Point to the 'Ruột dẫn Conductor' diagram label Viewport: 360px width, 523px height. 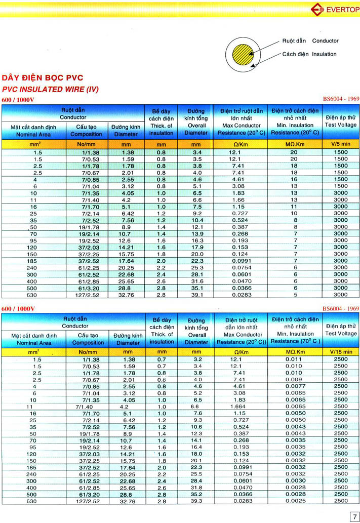tap(310, 41)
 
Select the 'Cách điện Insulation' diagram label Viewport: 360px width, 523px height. tap(309, 54)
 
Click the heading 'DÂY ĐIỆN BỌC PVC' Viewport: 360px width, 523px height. tap(43, 78)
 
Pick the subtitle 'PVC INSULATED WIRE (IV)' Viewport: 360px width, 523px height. tap(51, 89)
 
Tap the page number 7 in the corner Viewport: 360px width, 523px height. tap(353, 516)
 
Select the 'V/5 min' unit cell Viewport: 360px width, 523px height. tap(341, 144)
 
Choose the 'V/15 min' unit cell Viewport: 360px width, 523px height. tap(341, 351)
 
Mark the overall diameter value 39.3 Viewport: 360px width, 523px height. tap(196, 501)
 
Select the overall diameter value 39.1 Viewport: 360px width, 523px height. tap(196, 294)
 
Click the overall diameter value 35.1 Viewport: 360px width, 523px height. tap(196, 288)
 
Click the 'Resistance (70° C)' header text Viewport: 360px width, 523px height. tap(295, 342)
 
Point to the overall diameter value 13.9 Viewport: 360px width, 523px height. tap(196, 233)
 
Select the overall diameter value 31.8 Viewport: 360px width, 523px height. tap(196, 488)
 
